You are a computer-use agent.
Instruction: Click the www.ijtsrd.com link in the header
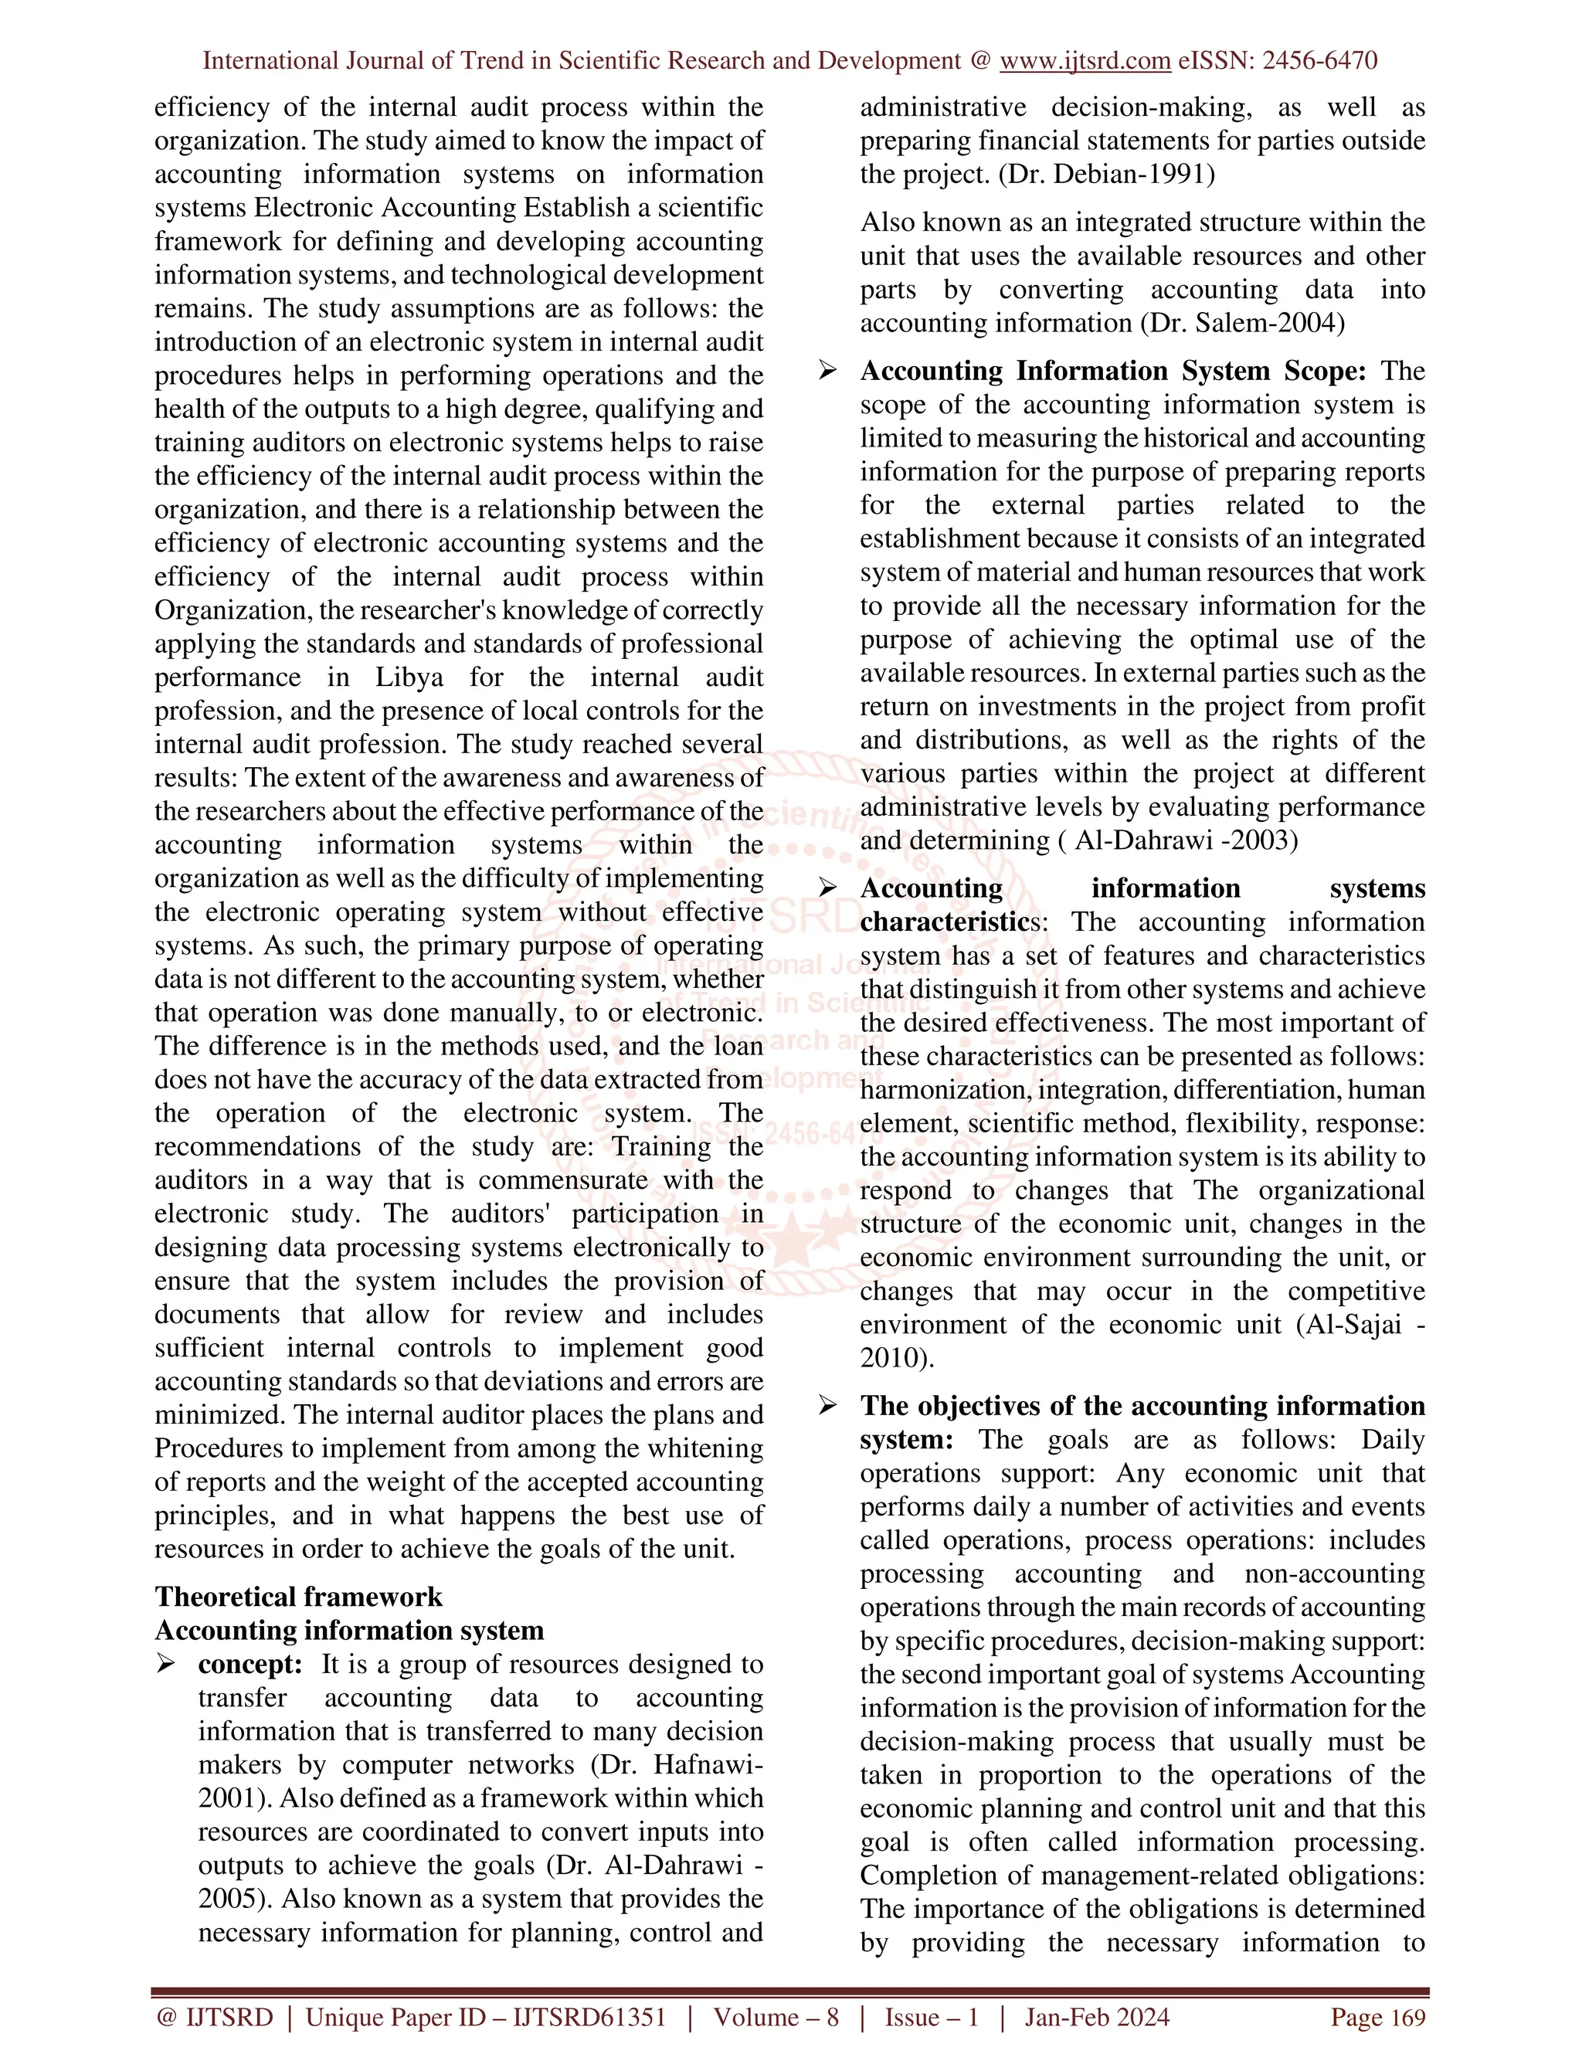click(1085, 61)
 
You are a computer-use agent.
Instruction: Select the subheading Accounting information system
click(348, 1630)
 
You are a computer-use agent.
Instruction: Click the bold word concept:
click(250, 1664)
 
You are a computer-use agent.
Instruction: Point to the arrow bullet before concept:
click(166, 1664)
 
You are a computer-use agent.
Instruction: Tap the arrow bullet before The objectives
click(827, 1406)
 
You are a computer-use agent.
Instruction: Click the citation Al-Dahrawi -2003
click(1186, 840)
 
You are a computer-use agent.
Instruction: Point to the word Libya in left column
click(409, 677)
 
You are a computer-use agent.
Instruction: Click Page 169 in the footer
click(1378, 2018)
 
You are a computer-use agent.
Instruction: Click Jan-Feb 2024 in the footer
click(1097, 2018)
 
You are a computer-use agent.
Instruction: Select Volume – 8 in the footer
click(776, 2018)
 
